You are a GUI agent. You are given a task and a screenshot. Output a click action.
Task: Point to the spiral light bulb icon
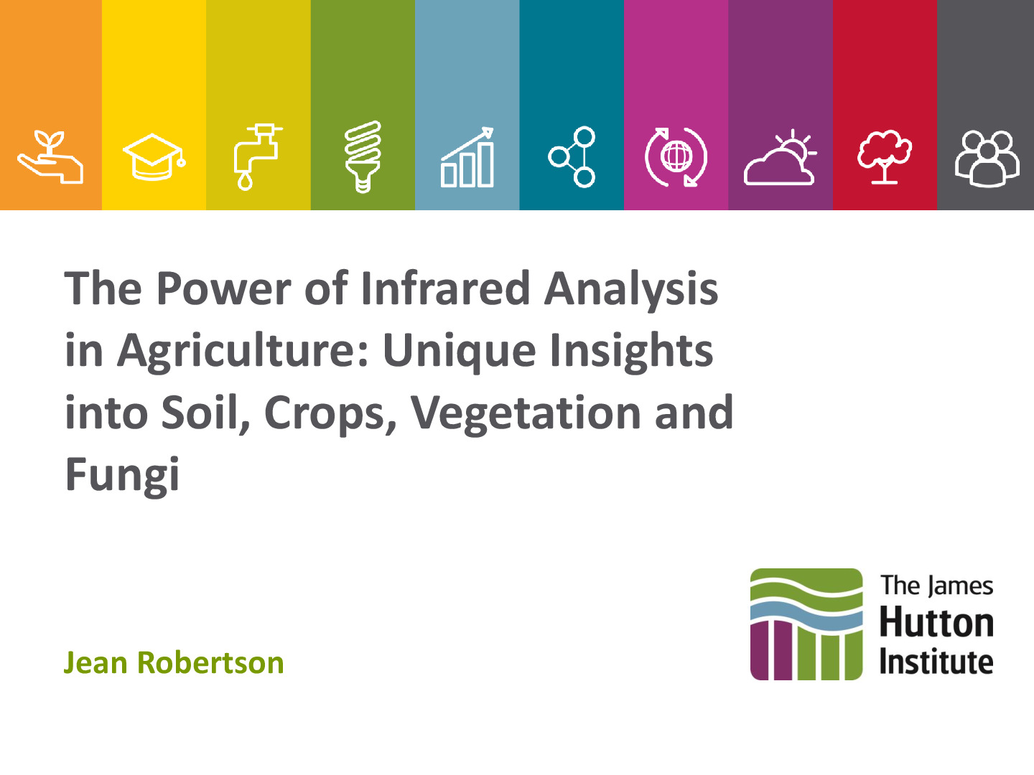point(362,156)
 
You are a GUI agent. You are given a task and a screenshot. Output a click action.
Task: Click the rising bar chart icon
point(467,157)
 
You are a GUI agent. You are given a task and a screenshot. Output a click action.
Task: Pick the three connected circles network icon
point(572,156)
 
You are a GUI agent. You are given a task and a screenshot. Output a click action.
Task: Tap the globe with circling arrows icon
point(676,156)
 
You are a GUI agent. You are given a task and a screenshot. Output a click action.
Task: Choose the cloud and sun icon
point(780,157)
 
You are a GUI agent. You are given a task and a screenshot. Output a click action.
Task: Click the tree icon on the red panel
point(884,156)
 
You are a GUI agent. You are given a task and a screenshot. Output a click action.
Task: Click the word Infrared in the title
point(446,288)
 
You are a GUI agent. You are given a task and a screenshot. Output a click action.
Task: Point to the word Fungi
point(122,475)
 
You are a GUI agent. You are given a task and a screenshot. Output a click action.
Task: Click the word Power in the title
point(224,288)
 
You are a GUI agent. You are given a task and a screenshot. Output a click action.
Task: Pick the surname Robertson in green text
point(210,662)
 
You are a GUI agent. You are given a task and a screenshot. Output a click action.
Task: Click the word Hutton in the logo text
point(936,622)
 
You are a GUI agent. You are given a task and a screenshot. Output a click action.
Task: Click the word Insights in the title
point(631,352)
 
